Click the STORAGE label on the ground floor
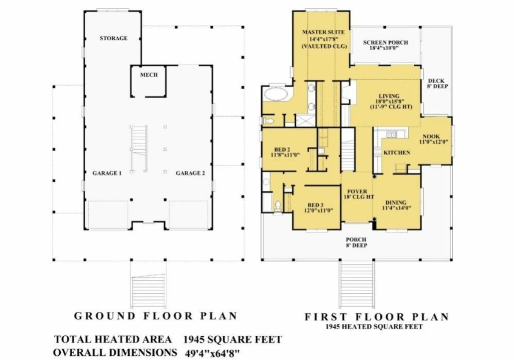[x=113, y=38]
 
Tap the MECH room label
[x=149, y=75]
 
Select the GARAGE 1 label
[x=107, y=173]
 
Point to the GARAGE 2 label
[x=190, y=173]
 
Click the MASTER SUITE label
[x=323, y=32]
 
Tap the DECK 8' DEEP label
[x=437, y=83]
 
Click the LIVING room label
[x=389, y=96]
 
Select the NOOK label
[x=431, y=136]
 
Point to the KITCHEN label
[x=397, y=153]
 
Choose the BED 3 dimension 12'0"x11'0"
[x=318, y=211]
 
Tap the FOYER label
[x=357, y=191]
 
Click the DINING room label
[x=396, y=202]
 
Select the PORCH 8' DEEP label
[x=356, y=242]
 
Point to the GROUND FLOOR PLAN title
[x=155, y=316]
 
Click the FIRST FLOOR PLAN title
[x=377, y=317]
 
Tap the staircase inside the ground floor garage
[x=139, y=149]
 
